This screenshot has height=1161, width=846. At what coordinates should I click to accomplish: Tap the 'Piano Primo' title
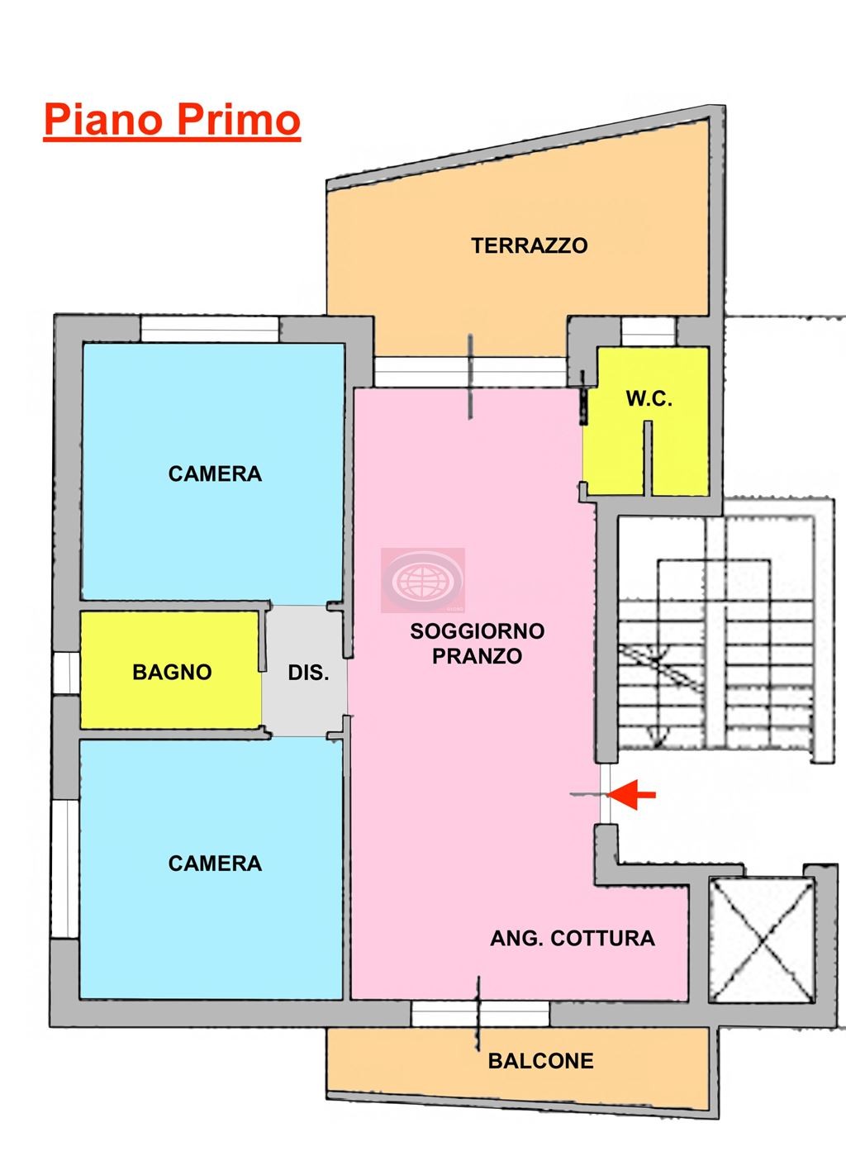click(172, 119)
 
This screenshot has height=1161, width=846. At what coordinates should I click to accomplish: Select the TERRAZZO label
click(529, 245)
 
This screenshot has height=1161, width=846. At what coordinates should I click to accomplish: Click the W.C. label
click(649, 399)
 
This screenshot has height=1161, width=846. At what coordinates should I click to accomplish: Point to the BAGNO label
click(172, 672)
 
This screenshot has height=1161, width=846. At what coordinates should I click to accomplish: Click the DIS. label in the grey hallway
click(308, 673)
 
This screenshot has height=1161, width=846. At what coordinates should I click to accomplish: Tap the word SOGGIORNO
click(477, 631)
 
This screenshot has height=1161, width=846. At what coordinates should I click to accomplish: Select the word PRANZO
click(477, 656)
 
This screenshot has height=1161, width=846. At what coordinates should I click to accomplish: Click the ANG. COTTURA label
click(572, 938)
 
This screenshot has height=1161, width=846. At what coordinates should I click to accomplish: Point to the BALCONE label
click(540, 1061)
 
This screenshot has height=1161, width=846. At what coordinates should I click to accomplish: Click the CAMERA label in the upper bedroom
click(215, 473)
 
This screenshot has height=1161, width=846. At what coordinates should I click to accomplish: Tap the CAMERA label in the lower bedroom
click(215, 864)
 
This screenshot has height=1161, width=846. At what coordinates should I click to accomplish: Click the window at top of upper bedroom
click(209, 329)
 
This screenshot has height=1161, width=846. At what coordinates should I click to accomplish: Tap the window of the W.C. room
click(648, 332)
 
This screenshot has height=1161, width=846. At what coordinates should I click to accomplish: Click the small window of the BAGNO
click(64, 672)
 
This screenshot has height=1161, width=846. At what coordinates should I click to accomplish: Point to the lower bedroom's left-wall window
click(64, 868)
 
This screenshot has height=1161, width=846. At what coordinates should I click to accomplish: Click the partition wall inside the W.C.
click(649, 459)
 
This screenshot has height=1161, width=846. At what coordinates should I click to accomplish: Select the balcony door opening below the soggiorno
click(480, 1013)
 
